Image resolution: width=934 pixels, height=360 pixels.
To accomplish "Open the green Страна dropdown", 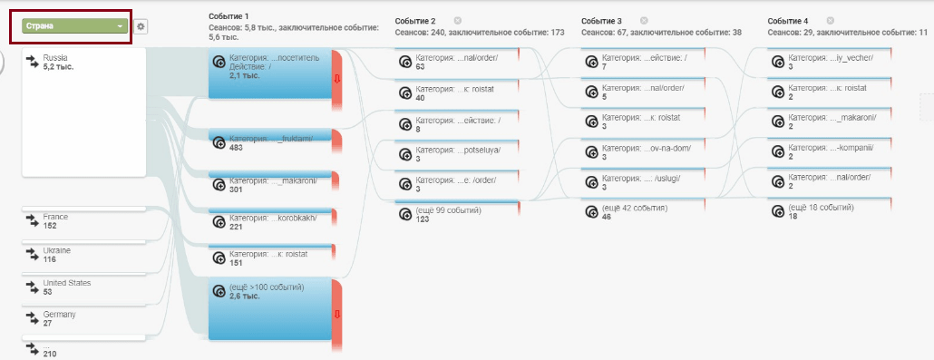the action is [x=75, y=26].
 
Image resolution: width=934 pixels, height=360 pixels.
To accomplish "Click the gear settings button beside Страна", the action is [x=141, y=27].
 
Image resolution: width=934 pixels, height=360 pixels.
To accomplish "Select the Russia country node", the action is [x=84, y=112].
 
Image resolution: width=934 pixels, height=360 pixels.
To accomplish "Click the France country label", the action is [x=55, y=217].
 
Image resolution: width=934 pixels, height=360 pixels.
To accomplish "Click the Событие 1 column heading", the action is [x=229, y=16].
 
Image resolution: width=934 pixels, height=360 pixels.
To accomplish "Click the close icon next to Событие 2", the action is [x=457, y=20].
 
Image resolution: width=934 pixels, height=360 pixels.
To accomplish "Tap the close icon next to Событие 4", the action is [x=831, y=20].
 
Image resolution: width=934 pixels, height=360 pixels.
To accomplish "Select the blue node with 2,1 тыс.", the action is [x=270, y=74].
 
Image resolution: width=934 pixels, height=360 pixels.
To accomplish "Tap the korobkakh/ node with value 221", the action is [x=270, y=219].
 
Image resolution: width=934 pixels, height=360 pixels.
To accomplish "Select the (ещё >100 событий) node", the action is [x=270, y=308].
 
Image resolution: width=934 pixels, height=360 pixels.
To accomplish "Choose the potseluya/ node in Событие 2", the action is [x=457, y=152].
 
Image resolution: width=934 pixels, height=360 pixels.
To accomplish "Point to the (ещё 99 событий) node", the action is [x=457, y=213].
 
